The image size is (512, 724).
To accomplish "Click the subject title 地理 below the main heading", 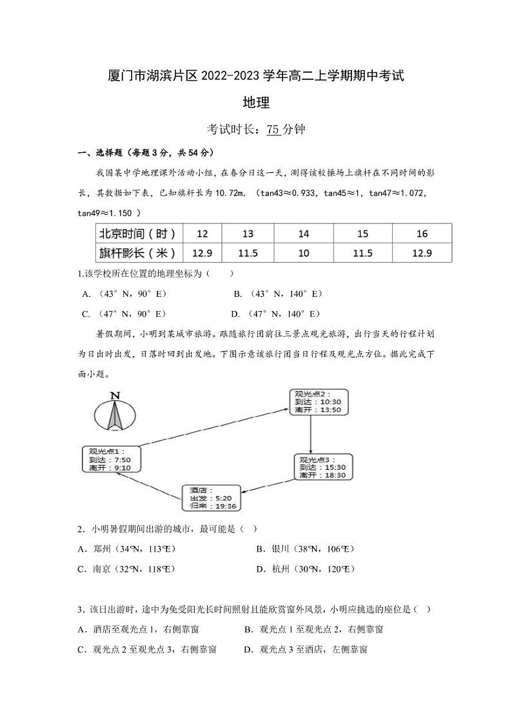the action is (255, 102).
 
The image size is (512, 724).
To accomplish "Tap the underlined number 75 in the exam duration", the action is (273, 129).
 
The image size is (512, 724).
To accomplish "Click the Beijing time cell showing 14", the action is (304, 233).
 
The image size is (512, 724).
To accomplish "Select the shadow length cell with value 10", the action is (304, 252).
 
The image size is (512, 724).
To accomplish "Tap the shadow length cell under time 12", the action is (202, 252).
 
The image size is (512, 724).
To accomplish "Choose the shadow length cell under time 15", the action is (362, 252).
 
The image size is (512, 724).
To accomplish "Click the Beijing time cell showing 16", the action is (422, 233).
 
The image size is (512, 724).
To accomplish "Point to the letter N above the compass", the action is (115, 395).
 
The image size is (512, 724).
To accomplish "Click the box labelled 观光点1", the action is (110, 459).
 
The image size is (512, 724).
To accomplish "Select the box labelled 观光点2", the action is (317, 401).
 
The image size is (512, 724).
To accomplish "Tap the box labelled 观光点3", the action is (322, 467).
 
